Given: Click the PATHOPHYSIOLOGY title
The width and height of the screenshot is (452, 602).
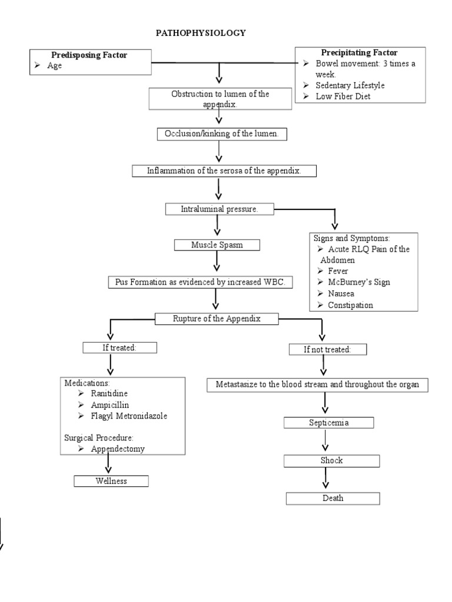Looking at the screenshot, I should point(201,34).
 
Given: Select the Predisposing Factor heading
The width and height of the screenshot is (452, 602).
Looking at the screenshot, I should point(89,55).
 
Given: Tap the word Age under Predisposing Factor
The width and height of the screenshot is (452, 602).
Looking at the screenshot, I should point(54,66).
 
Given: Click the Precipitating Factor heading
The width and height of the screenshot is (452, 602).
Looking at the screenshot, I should point(359,53).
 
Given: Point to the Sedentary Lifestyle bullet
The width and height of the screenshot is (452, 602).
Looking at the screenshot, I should point(350,85).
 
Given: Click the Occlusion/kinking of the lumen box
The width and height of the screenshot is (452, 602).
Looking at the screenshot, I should point(222,134).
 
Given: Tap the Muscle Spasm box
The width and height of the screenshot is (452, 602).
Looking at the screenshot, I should point(217,245).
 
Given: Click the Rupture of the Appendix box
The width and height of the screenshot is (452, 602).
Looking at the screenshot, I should point(215,319).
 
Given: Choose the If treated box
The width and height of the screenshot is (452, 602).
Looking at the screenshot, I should point(119,347).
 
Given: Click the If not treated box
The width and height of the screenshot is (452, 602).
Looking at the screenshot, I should point(327,349).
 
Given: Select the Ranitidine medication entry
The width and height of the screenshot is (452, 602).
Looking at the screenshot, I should point(109,393).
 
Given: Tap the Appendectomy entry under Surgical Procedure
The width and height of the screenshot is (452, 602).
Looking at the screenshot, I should point(118,449).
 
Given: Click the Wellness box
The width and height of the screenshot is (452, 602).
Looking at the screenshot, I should point(111,481).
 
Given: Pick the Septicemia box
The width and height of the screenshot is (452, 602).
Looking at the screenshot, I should point(328,422).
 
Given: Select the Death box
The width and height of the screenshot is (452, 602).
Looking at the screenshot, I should point(333,498).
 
